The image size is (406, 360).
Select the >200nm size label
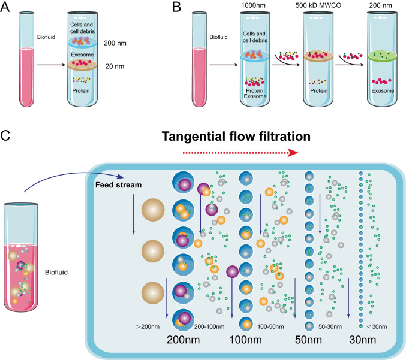coord(148,328)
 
